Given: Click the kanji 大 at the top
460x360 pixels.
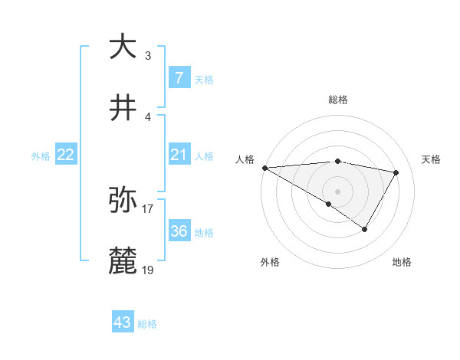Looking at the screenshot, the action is pyautogui.click(x=123, y=47).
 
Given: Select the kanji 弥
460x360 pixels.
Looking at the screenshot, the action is pyautogui.click(x=123, y=200).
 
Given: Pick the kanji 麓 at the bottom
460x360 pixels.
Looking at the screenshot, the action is pyautogui.click(x=123, y=261).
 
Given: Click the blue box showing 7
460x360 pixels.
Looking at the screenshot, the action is pyautogui.click(x=179, y=77).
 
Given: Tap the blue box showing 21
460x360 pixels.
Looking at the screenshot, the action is pyautogui.click(x=179, y=155).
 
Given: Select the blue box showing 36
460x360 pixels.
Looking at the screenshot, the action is pyautogui.click(x=179, y=231).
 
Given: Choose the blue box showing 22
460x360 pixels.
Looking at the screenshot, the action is pyautogui.click(x=66, y=155).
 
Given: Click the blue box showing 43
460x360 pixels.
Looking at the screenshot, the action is pyautogui.click(x=123, y=322).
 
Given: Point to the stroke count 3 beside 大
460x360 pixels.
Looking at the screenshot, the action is pyautogui.click(x=148, y=55).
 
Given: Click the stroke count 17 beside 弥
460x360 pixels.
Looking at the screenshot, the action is pyautogui.click(x=148, y=208).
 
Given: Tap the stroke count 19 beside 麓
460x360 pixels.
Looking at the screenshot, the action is pyautogui.click(x=148, y=270).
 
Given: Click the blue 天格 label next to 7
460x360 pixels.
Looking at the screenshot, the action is pyautogui.click(x=204, y=79).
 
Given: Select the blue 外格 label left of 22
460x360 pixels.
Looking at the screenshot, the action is pyautogui.click(x=41, y=155).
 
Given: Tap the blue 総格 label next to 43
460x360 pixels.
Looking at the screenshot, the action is pyautogui.click(x=147, y=324).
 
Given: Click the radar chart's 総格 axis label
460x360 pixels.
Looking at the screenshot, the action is pyautogui.click(x=338, y=100).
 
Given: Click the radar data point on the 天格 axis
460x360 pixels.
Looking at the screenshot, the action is pyautogui.click(x=396, y=172).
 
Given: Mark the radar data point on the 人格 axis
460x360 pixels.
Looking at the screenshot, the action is pyautogui.click(x=264, y=168).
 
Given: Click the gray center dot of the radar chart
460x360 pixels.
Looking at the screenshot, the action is pyautogui.click(x=337, y=190).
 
